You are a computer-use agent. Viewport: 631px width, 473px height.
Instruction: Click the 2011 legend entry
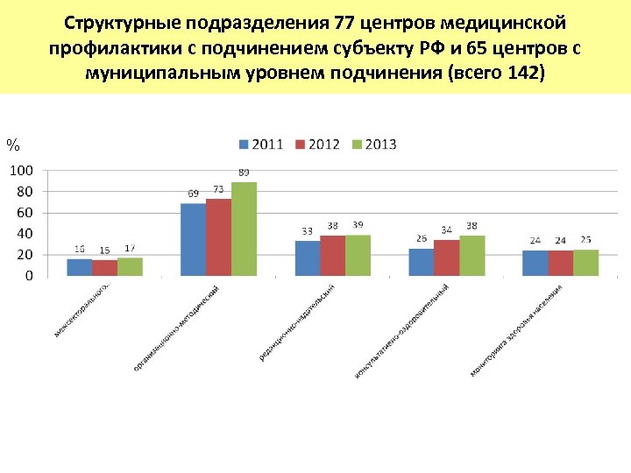(x=260, y=144)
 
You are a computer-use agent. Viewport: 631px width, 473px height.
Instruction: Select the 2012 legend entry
(x=317, y=144)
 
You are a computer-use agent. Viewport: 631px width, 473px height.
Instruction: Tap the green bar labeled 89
(x=244, y=229)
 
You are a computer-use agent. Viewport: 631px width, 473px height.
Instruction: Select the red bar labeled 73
(x=218, y=237)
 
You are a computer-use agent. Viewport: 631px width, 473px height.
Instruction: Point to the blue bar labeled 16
(x=80, y=267)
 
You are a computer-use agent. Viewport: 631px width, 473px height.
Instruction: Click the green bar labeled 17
(x=130, y=266)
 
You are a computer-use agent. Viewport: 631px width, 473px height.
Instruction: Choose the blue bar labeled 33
(x=308, y=258)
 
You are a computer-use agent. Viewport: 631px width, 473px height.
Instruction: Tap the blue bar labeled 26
(x=421, y=262)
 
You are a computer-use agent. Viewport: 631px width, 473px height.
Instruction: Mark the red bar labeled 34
(x=446, y=258)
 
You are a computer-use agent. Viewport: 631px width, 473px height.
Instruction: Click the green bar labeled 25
(x=585, y=263)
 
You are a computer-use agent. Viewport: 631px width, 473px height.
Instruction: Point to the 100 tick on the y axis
(x=22, y=170)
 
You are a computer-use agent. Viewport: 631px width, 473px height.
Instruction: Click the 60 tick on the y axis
(x=25, y=212)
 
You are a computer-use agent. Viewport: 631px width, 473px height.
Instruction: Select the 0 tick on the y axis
(x=29, y=275)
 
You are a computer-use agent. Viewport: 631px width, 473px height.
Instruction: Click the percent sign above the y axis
(x=12, y=144)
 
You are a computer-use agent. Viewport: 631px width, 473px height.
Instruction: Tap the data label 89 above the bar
(x=244, y=173)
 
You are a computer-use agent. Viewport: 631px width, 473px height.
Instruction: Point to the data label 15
(x=104, y=251)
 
